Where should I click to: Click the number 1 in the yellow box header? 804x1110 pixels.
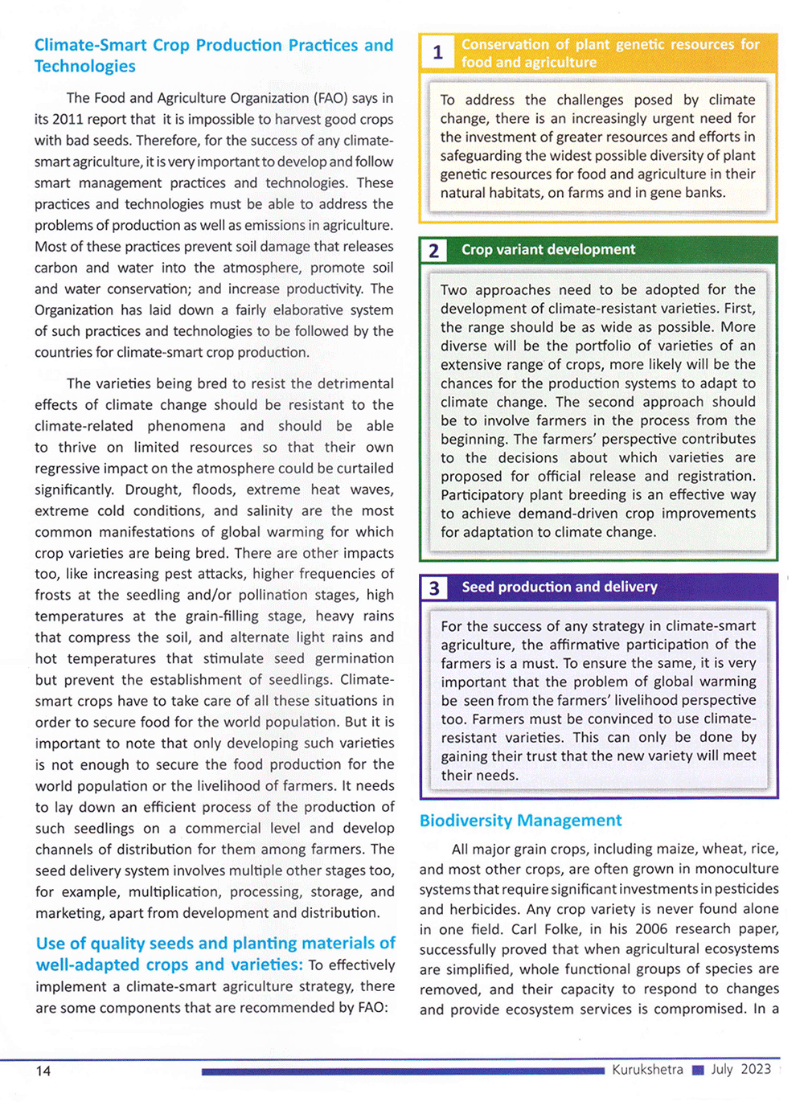click(437, 53)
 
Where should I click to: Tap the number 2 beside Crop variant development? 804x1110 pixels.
click(434, 251)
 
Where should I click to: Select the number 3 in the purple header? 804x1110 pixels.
click(434, 588)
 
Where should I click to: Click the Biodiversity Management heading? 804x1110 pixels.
click(520, 821)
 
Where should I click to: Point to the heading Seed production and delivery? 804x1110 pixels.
click(559, 587)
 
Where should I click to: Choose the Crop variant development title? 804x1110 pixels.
click(548, 250)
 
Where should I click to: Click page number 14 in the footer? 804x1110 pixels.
click(43, 1071)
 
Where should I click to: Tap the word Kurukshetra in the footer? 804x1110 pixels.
click(647, 1070)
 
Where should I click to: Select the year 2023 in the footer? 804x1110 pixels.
click(756, 1069)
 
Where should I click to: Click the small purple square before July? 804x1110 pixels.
click(698, 1071)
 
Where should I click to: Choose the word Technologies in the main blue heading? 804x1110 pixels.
click(84, 67)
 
